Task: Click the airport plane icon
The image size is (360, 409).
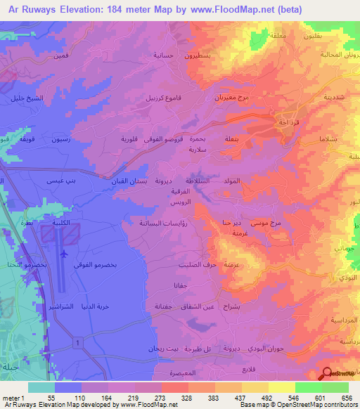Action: [x=65, y=253]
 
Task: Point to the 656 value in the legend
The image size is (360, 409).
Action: [x=345, y=397]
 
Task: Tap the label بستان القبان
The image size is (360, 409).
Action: [x=129, y=181]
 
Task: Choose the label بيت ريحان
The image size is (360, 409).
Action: [x=143, y=349]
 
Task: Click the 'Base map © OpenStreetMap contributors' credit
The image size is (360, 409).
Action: [x=298, y=405]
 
